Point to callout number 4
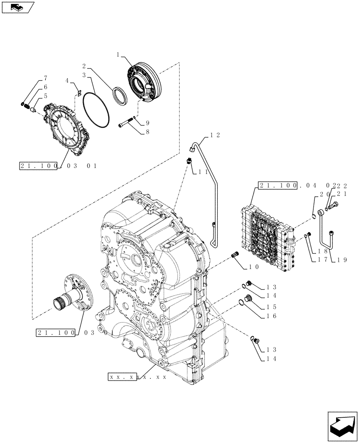pyautogui.click(x=67, y=81)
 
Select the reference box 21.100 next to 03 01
pyautogui.click(x=39, y=166)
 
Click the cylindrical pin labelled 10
pyautogui.click(x=235, y=255)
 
